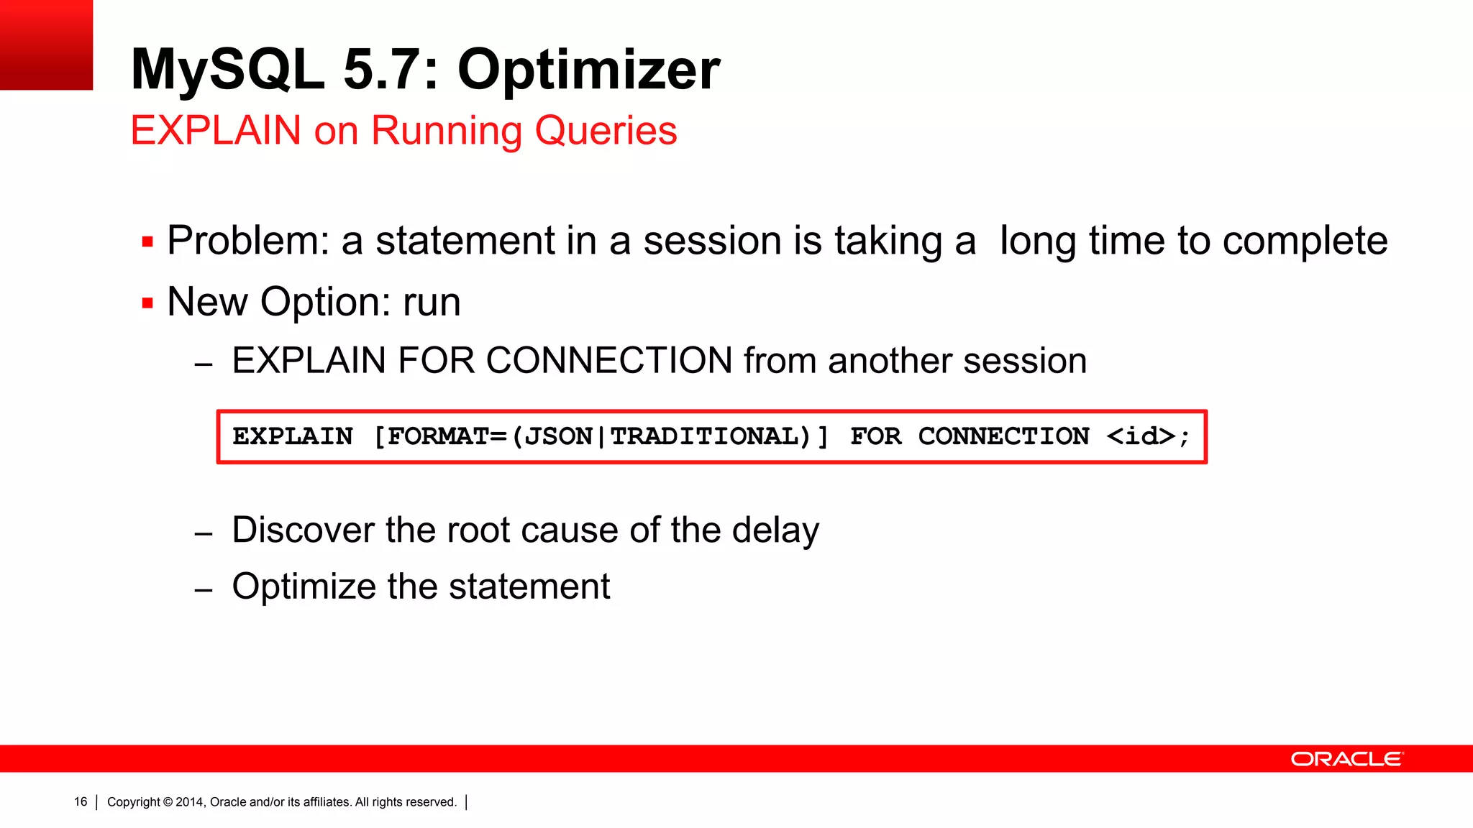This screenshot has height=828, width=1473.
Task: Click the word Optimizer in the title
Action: [588, 70]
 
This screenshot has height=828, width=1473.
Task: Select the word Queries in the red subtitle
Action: [606, 131]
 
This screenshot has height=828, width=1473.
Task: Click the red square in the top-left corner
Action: [46, 45]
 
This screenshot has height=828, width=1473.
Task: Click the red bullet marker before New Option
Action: [147, 303]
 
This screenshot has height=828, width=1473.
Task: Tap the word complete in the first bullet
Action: [1305, 241]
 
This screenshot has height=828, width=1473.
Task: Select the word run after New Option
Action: [432, 302]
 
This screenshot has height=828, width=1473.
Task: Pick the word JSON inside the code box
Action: [558, 436]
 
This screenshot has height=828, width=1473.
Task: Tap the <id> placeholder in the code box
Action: [1141, 436]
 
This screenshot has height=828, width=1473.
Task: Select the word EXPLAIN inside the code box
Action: [293, 436]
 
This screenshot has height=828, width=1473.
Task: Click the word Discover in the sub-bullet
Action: [303, 530]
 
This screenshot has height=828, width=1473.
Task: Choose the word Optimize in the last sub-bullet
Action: [304, 586]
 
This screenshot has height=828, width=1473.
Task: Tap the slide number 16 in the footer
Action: [81, 802]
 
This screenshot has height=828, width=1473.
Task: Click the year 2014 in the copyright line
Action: [190, 802]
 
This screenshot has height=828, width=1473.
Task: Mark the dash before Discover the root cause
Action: [204, 534]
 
